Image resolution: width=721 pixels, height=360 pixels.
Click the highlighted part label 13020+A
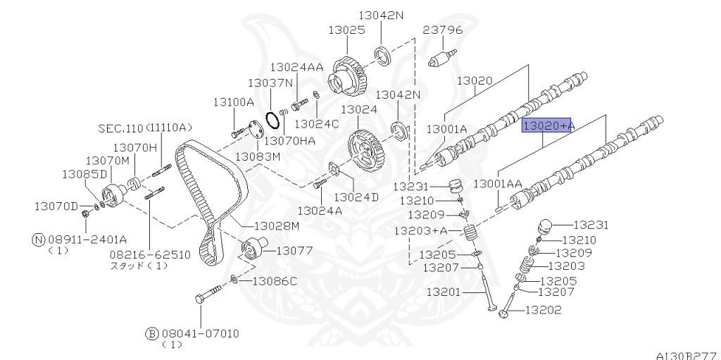(546, 125)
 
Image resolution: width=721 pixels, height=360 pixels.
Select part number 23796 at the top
(443, 30)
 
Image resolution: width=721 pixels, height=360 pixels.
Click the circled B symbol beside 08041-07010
(152, 333)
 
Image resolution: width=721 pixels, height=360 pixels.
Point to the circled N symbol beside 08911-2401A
(39, 240)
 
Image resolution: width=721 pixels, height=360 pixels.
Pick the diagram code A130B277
(688, 355)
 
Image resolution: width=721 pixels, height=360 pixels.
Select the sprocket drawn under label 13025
(348, 75)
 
